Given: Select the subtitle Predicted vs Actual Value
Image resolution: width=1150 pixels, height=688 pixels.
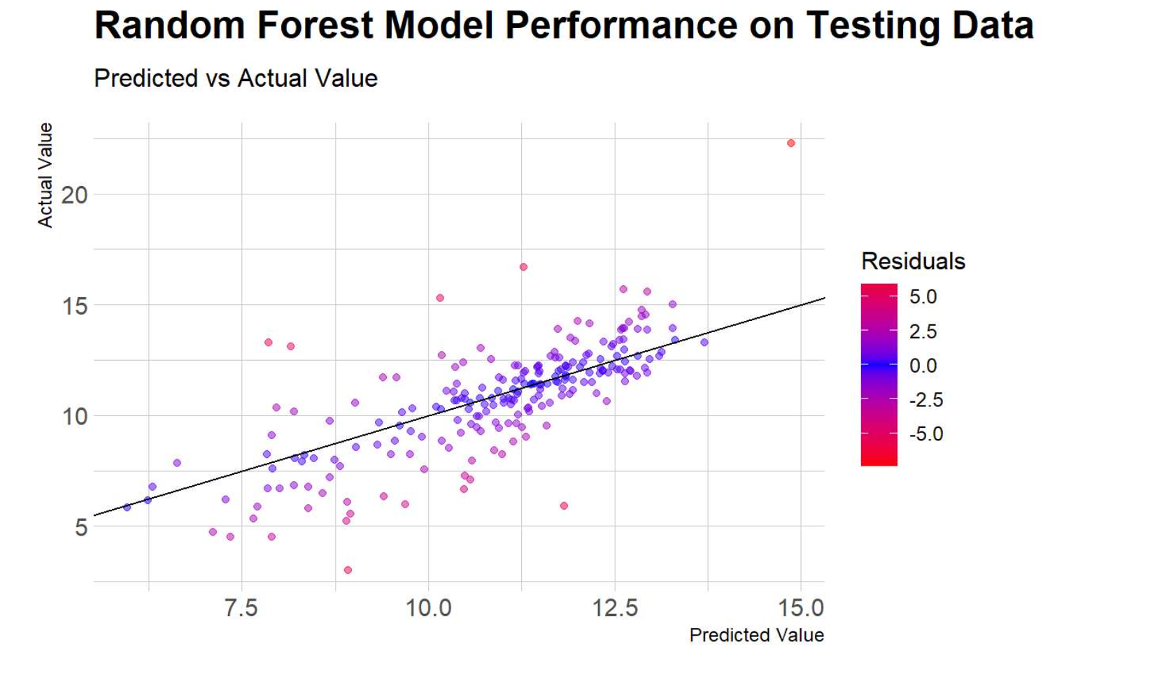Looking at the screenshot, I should (236, 78).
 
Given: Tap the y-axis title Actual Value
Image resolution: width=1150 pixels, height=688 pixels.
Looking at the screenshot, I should (45, 175).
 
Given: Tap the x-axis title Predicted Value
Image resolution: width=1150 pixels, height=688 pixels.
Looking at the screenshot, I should (756, 635).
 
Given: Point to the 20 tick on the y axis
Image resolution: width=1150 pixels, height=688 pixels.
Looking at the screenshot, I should (74, 195).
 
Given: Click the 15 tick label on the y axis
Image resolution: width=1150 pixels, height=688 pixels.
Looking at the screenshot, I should (74, 306).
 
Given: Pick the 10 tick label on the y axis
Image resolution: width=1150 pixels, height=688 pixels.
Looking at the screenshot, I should (74, 417).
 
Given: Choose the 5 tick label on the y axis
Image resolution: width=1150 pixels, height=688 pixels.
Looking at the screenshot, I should (81, 527).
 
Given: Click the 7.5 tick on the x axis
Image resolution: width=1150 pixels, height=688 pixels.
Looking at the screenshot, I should (241, 608).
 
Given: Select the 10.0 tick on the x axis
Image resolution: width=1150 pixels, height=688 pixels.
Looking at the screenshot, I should (428, 608).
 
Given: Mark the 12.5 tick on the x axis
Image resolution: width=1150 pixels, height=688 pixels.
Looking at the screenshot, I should (615, 608).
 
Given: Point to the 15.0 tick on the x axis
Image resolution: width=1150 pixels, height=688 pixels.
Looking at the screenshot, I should (801, 608).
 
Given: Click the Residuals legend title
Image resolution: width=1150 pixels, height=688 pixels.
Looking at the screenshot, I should (913, 261).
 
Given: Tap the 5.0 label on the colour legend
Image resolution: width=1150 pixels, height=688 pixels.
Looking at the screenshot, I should (923, 296).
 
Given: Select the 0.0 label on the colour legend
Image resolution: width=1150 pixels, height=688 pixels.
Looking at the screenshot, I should (923, 365).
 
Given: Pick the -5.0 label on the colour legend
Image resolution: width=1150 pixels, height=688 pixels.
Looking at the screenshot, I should (925, 433).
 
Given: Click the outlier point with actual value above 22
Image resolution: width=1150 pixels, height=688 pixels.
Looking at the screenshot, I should (790, 143).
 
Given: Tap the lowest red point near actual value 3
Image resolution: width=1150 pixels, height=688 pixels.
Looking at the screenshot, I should (348, 570).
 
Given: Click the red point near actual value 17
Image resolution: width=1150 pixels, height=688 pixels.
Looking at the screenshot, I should (523, 267).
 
